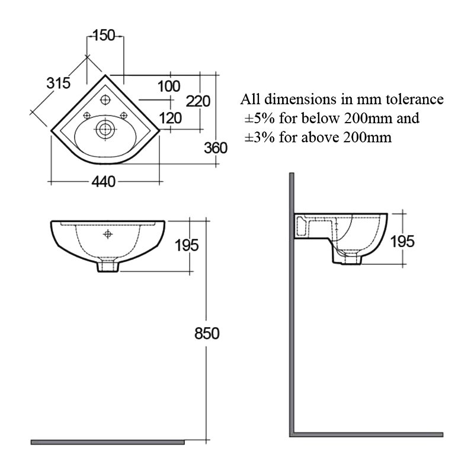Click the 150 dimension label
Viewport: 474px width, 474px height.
point(104,36)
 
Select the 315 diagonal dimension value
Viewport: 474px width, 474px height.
point(58,83)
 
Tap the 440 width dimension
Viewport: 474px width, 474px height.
point(103,182)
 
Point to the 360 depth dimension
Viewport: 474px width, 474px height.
point(216,148)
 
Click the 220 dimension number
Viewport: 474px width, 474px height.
point(198,101)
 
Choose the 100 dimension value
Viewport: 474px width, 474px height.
point(169,86)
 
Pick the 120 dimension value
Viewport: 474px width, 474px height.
point(171,118)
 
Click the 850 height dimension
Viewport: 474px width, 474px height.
point(207,334)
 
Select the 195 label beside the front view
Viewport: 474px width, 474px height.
point(187,245)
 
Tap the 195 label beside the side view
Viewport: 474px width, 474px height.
point(402,241)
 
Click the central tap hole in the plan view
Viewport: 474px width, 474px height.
point(105,100)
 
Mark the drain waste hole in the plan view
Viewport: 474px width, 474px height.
point(105,129)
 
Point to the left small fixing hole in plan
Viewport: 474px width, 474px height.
point(87,115)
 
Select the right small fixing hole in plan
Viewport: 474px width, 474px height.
point(124,115)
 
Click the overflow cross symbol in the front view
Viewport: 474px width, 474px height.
point(108,234)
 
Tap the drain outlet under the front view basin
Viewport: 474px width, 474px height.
point(108,266)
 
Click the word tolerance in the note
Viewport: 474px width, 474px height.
point(414,99)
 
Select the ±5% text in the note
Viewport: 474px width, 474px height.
point(260,118)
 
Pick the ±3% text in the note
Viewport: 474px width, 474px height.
point(260,137)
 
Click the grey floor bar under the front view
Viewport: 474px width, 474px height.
point(108,442)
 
